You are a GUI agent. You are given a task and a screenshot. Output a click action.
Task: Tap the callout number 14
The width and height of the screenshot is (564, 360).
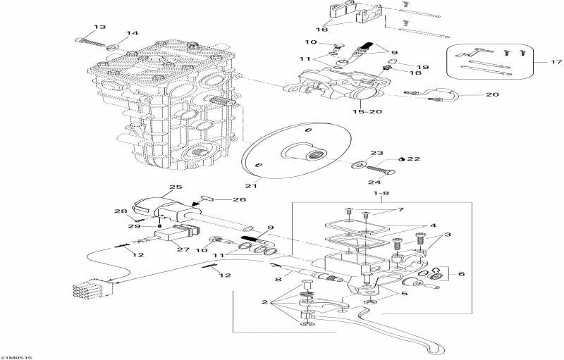[133, 34]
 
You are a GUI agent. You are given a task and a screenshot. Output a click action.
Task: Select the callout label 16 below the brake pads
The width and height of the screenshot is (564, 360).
[322, 30]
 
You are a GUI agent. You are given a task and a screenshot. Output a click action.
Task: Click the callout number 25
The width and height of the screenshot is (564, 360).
[175, 188]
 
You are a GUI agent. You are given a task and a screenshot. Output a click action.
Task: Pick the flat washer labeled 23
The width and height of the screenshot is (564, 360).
[357, 165]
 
